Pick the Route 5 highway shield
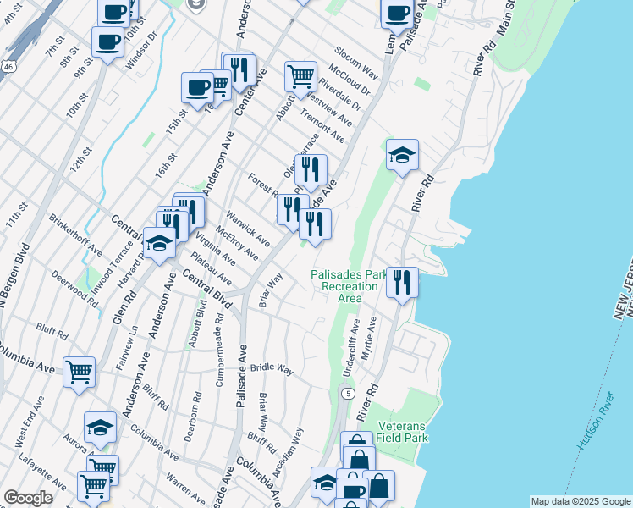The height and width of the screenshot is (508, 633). pyautogui.click(x=347, y=393)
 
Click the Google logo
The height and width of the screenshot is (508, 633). pyautogui.click(x=28, y=498)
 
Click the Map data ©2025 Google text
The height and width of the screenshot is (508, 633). pyautogui.click(x=581, y=501)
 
